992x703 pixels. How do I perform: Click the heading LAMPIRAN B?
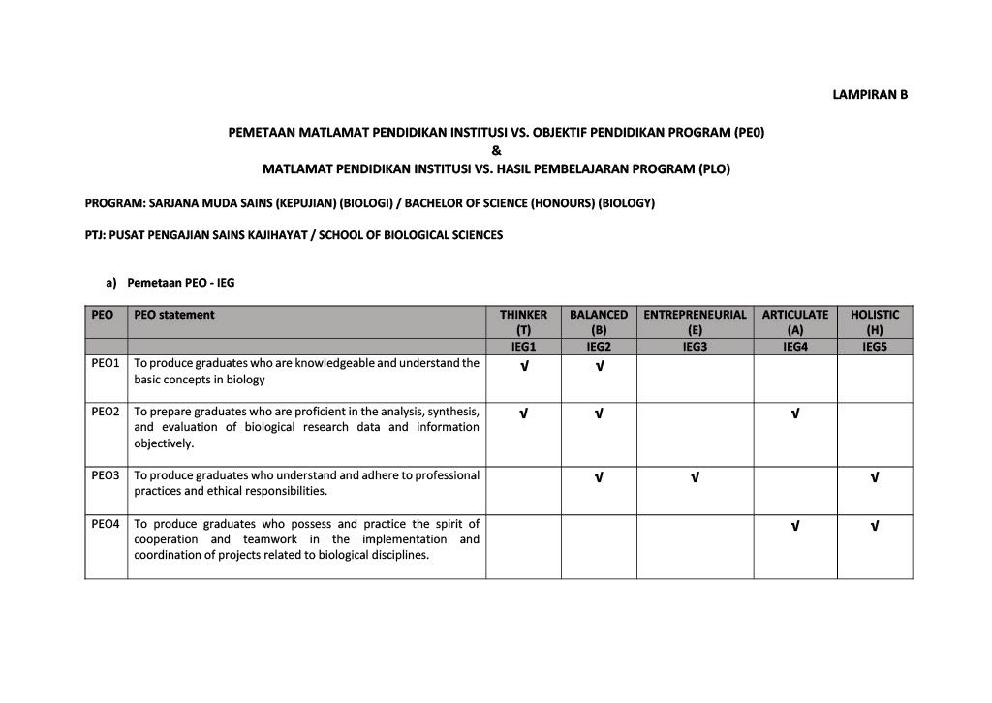click(x=870, y=95)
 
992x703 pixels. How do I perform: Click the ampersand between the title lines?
click(x=496, y=149)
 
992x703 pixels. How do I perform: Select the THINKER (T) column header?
click(x=523, y=321)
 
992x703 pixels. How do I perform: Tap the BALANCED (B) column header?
click(x=599, y=321)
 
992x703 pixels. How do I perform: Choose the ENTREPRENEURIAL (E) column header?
click(x=695, y=321)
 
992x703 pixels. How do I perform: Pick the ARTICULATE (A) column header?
click(x=795, y=321)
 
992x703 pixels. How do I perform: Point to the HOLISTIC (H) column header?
click(x=875, y=321)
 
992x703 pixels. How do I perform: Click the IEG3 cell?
click(x=695, y=346)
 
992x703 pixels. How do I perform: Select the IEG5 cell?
click(x=875, y=346)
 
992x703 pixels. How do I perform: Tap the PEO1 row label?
click(x=106, y=363)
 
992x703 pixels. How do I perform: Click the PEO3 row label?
click(x=106, y=475)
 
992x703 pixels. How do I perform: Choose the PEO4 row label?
click(x=106, y=524)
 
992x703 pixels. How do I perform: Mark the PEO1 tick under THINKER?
click(x=523, y=366)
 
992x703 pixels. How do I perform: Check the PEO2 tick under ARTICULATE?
click(x=795, y=413)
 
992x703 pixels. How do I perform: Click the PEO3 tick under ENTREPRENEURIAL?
click(x=695, y=477)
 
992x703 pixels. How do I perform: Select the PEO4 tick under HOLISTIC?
click(x=875, y=526)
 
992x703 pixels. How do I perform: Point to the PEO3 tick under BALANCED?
click(x=599, y=477)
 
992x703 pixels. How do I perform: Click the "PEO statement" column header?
click(x=174, y=315)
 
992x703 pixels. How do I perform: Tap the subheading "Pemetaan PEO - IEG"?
click(x=180, y=283)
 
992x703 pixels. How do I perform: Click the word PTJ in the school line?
click(x=95, y=235)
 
